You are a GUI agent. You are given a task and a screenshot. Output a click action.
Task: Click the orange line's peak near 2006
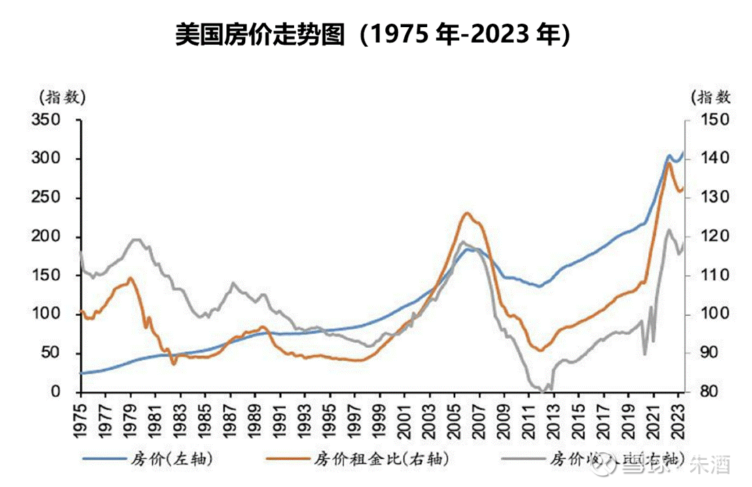click(467, 213)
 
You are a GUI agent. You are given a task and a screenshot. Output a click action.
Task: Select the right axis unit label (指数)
click(710, 96)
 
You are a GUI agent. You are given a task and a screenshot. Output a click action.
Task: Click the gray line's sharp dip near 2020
click(645, 353)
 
